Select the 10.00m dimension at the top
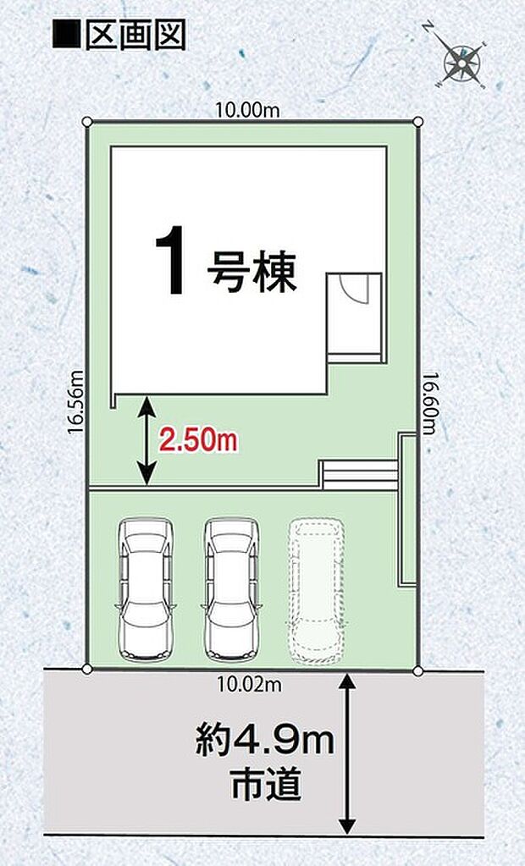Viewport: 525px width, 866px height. point(246,108)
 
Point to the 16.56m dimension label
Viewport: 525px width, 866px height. point(75,401)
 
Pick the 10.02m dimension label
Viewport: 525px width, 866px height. point(248,685)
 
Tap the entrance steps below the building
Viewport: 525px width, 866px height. point(359,474)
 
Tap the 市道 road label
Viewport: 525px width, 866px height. point(265,786)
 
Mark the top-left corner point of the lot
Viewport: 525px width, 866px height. point(87,123)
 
